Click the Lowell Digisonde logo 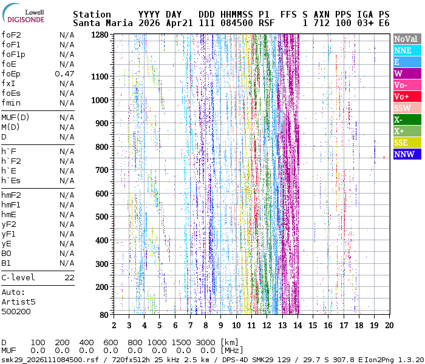point(23,13)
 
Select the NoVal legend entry point(407,39)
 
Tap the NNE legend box point(407,50)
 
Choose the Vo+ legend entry point(407,96)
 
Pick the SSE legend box point(407,143)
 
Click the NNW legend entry point(407,154)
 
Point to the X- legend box point(407,120)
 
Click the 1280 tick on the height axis point(100,35)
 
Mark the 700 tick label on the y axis point(102,170)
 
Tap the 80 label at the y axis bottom point(104,315)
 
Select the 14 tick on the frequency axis point(297,325)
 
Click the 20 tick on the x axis point(389,325)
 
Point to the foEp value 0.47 point(64,73)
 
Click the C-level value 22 point(69,278)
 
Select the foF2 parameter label point(11,35)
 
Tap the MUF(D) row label point(15,118)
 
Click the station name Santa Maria point(103,23)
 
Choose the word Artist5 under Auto point(18,302)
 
